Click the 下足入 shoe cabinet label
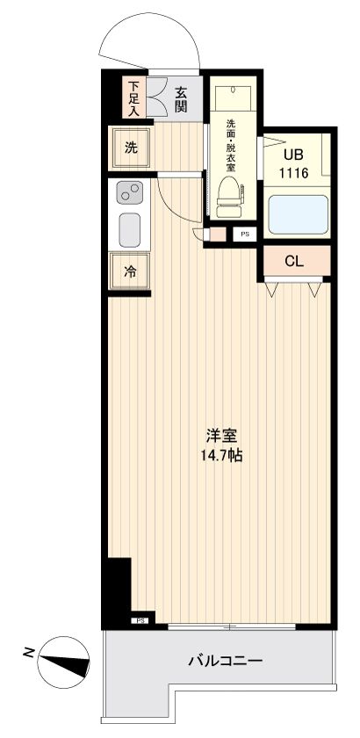click(133, 98)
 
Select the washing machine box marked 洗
click(130, 148)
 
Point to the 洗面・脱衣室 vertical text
click(230, 144)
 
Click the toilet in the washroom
click(229, 196)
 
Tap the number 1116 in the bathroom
click(293, 173)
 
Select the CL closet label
click(294, 260)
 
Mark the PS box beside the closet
click(244, 235)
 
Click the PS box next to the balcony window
click(140, 620)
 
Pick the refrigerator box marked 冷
click(130, 271)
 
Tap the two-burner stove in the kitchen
click(130, 192)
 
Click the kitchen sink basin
click(130, 230)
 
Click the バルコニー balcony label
click(224, 662)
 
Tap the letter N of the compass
click(29, 652)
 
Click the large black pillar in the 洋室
click(116, 589)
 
